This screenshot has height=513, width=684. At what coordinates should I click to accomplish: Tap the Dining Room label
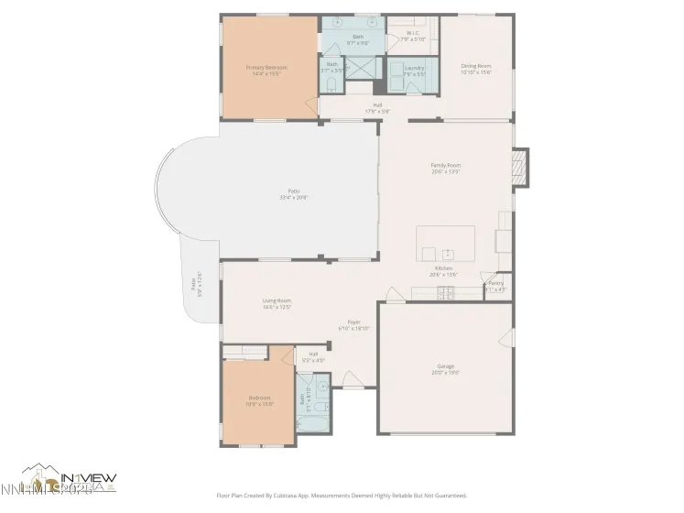point(475,66)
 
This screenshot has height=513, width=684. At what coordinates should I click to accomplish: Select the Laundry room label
point(413,67)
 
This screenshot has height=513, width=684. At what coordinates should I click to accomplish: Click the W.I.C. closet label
point(412,36)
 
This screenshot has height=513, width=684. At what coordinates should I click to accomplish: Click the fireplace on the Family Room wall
point(521,168)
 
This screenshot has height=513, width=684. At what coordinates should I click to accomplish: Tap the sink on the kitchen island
point(448,254)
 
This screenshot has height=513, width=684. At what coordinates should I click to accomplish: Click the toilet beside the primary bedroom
point(330,84)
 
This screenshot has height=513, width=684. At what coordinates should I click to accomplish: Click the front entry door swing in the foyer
point(392,295)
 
